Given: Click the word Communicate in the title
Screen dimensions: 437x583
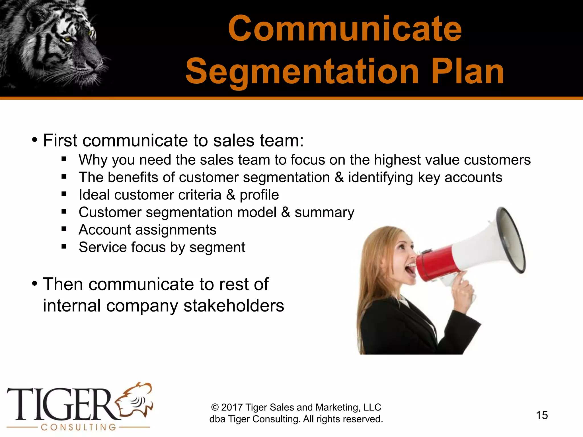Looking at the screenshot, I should click(345, 29).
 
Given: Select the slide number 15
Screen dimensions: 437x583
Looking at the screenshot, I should click(542, 415).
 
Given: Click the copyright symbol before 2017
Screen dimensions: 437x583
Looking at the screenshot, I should click(215, 407).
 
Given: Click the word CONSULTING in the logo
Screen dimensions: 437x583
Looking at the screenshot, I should click(79, 427).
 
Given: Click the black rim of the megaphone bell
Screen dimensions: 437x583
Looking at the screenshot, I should click(512, 239).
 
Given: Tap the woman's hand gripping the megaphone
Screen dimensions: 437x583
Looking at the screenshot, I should click(463, 287).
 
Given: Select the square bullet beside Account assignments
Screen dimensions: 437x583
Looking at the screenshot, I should click(64, 229).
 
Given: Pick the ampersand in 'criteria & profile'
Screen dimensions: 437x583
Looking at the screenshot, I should click(231, 195).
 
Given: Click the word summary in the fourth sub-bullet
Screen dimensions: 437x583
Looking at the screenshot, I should click(324, 213).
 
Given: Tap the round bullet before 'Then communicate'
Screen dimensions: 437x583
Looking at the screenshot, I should click(35, 284).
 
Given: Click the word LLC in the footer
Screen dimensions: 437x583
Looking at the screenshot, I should click(372, 407).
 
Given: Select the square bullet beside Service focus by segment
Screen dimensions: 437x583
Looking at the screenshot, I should click(64, 246).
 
